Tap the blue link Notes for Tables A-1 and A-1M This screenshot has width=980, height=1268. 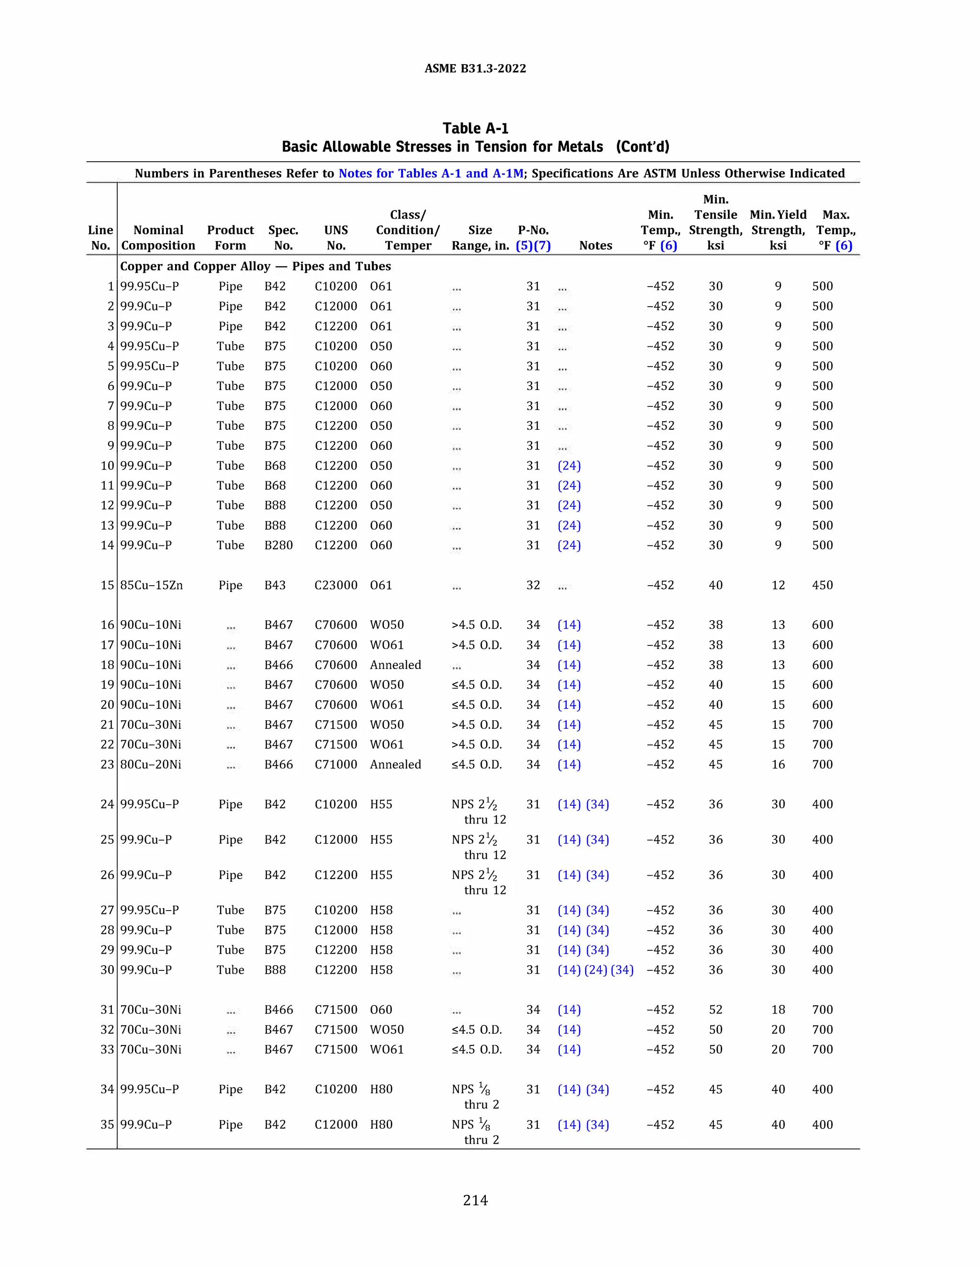(431, 173)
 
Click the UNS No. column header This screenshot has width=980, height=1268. (335, 237)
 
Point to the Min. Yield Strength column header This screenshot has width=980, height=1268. (778, 230)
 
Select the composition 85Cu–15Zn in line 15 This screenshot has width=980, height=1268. (152, 585)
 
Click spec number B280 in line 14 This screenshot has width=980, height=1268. (278, 545)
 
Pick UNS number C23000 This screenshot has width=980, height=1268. (335, 585)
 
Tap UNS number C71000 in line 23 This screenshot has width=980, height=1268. (335, 765)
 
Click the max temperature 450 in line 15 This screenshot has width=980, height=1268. (822, 585)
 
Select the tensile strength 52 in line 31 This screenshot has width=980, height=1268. (715, 1010)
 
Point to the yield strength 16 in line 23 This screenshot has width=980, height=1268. (778, 765)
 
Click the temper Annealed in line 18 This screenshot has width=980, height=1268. (395, 665)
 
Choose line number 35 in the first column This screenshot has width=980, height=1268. (107, 1124)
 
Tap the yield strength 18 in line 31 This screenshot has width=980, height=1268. (778, 1010)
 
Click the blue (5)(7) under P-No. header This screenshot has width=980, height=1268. (533, 245)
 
